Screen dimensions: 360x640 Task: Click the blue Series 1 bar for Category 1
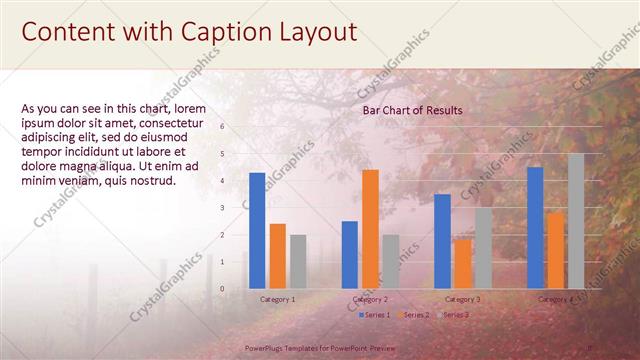[x=257, y=231]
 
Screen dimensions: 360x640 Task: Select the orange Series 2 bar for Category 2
[x=370, y=229]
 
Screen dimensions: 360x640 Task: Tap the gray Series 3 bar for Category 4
[x=576, y=221]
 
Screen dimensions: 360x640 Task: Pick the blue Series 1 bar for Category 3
[x=442, y=241]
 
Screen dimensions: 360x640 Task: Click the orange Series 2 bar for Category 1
[x=278, y=256]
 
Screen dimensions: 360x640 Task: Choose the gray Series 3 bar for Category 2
[x=390, y=261]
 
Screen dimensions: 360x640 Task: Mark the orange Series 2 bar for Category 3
[x=462, y=264]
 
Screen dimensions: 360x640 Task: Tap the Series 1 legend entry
[x=374, y=315]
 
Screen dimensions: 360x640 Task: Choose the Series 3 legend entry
[x=455, y=315]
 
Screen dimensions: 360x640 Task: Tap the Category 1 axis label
[x=277, y=299]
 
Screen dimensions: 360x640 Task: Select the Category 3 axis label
[x=462, y=299]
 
